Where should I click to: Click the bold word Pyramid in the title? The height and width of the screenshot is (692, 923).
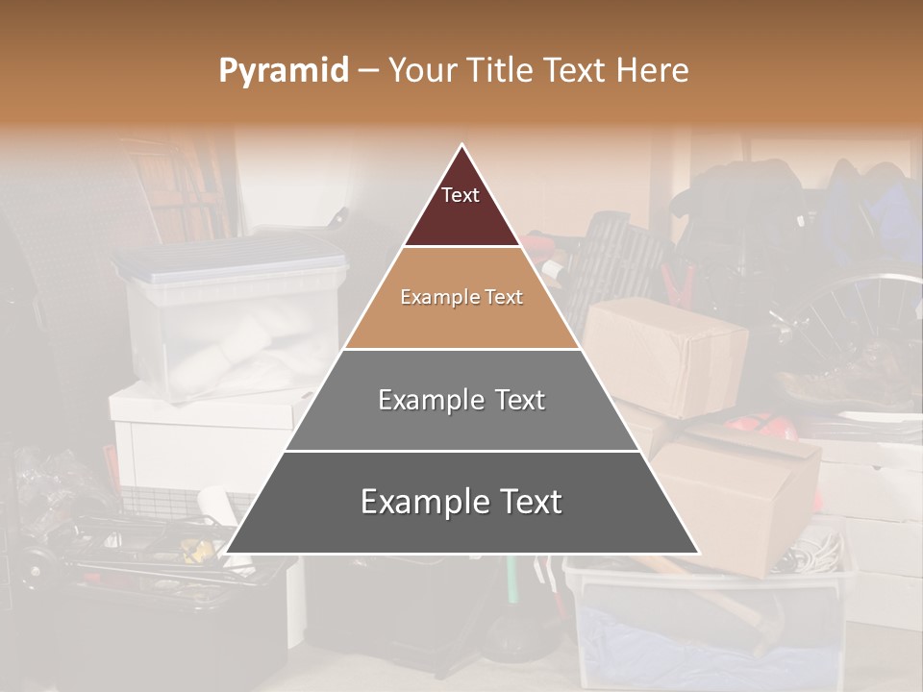pos(283,70)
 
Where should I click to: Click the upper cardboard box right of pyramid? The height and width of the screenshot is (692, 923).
pos(663,356)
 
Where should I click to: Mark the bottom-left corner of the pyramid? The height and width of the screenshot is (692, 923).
pos(225,553)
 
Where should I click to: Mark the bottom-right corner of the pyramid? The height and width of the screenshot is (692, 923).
pos(699,553)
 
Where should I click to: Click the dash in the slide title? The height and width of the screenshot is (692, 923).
pos(368,70)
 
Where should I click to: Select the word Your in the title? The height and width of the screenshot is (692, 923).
pos(420,70)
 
